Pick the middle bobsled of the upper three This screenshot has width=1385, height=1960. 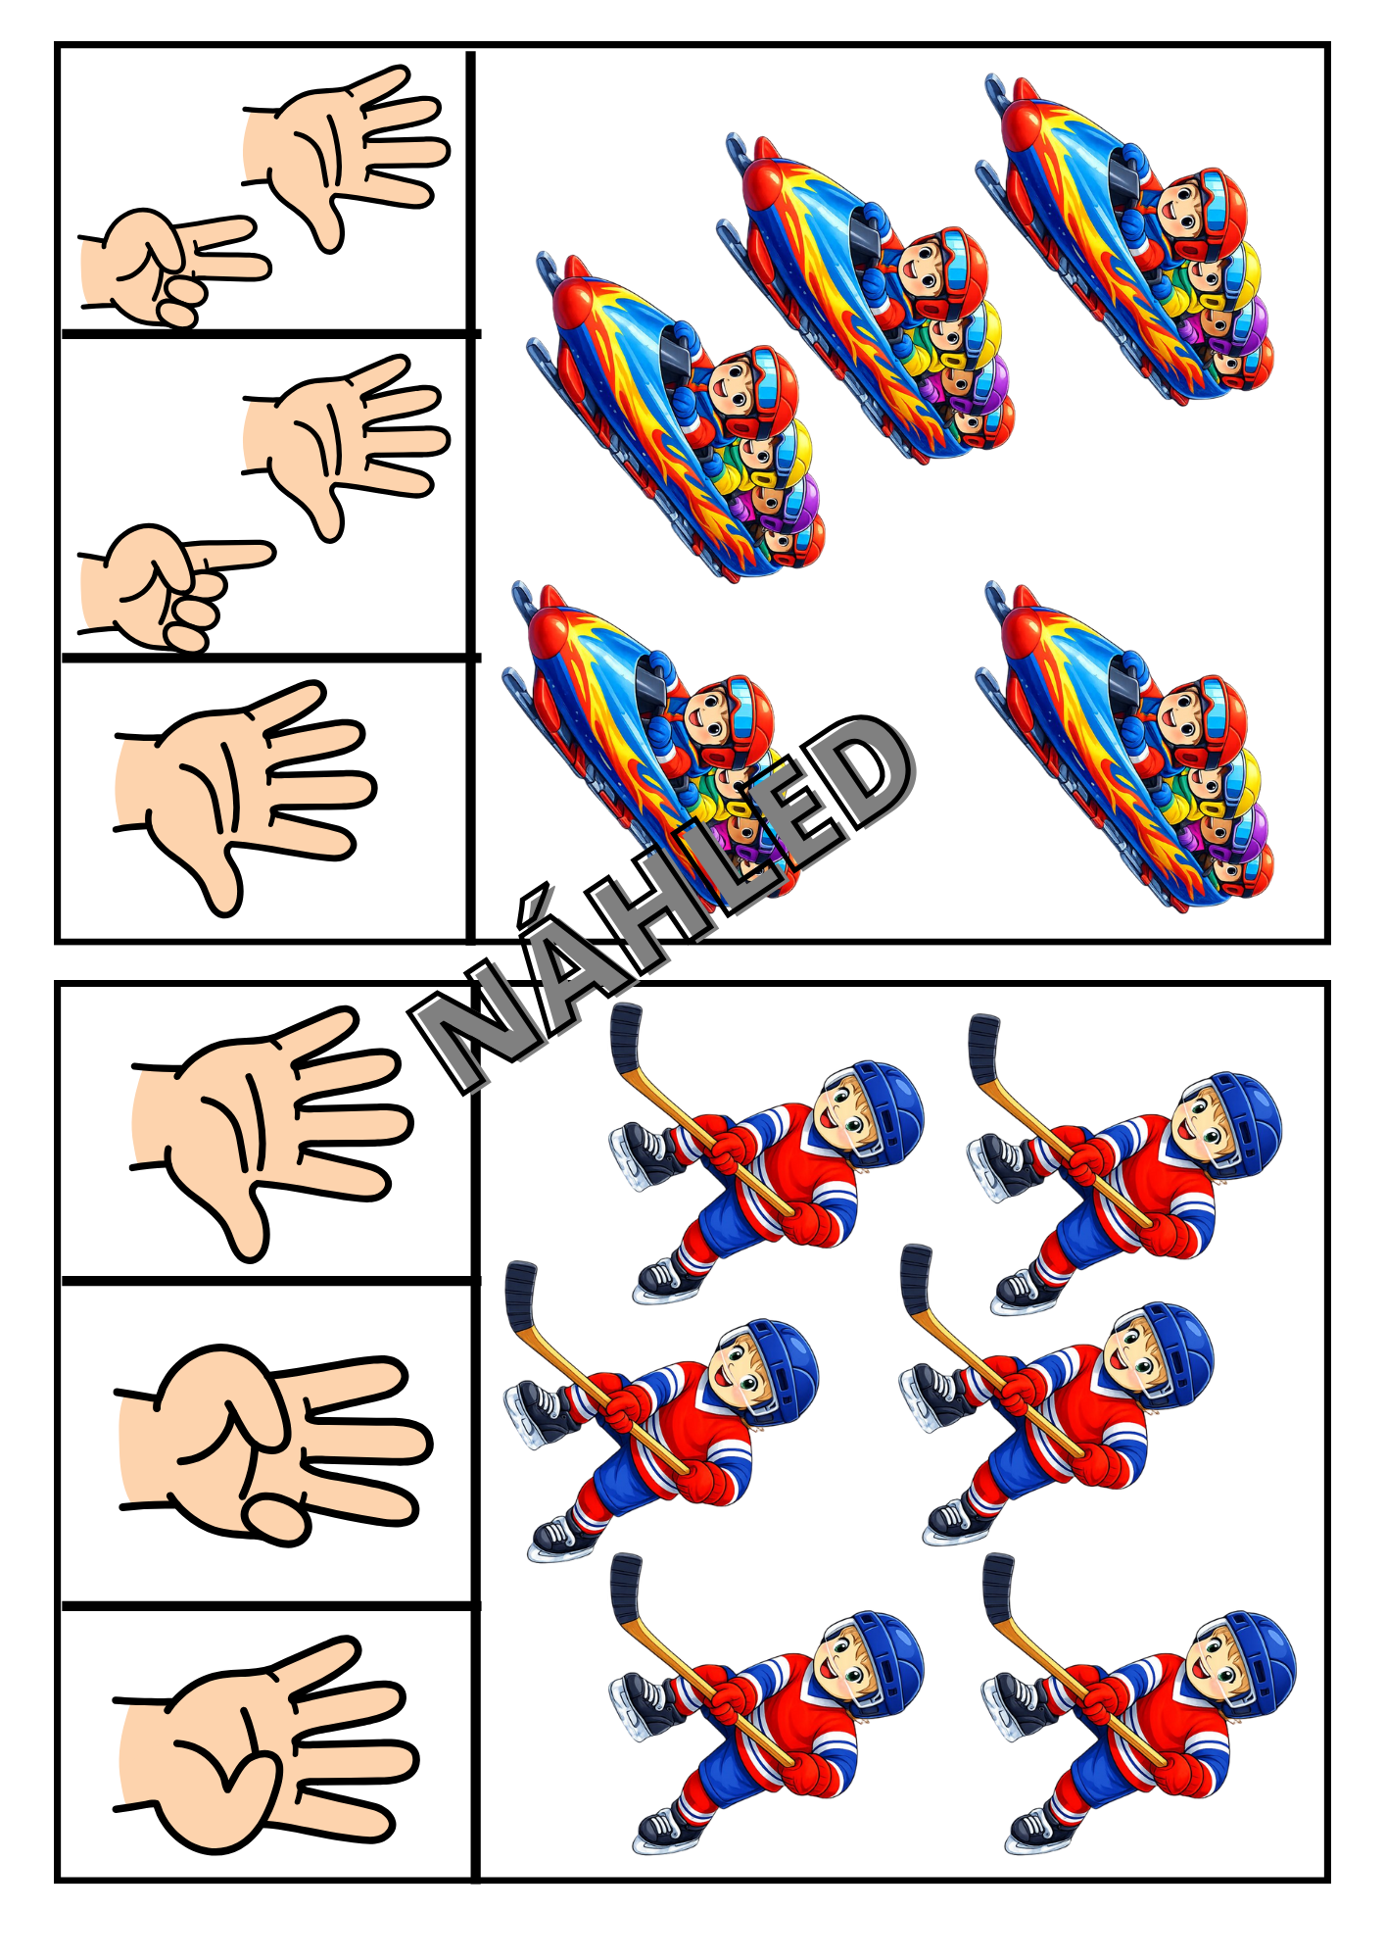point(867,299)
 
